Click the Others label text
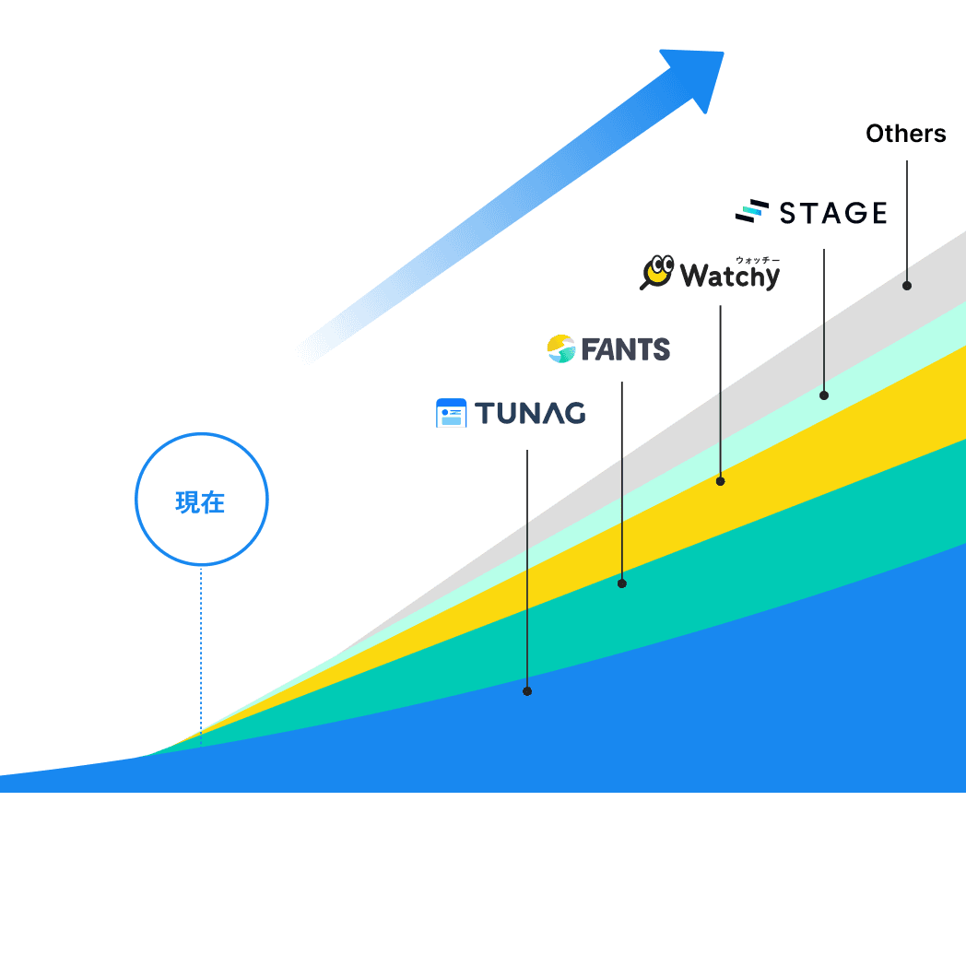tap(905, 135)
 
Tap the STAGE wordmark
tap(833, 214)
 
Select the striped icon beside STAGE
tap(751, 212)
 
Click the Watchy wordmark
tap(729, 276)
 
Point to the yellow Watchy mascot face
tap(659, 270)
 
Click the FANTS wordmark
tap(625, 349)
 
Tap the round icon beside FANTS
tap(560, 348)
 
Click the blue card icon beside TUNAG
tap(452, 413)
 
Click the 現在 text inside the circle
tap(200, 503)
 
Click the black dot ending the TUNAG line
tap(527, 690)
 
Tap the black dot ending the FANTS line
tap(621, 583)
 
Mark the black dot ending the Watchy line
tap(720, 481)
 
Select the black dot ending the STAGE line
tap(824, 395)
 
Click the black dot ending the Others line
tap(907, 286)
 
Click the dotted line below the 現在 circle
tap(200, 645)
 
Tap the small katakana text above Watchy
tap(757, 260)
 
